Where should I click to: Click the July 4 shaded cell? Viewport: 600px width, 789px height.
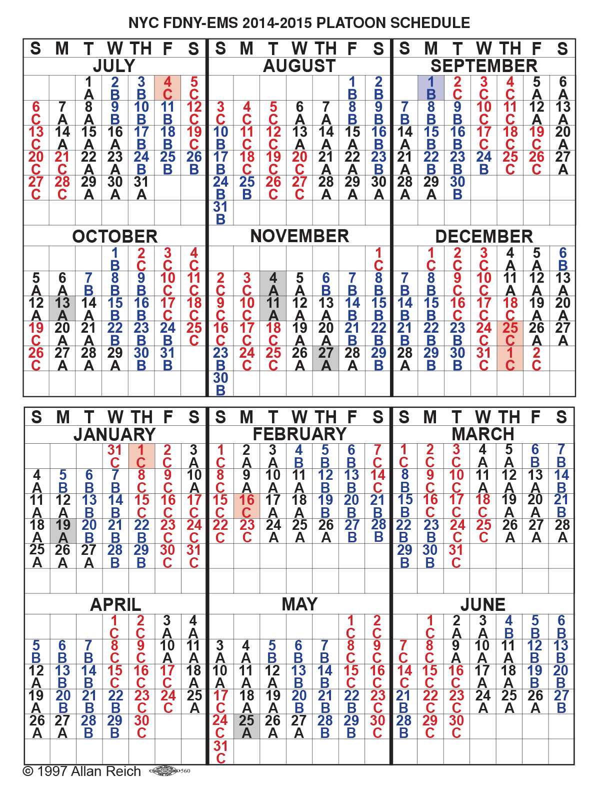pyautogui.click(x=167, y=88)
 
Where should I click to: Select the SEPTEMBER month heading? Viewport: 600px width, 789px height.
pyautogui.click(x=483, y=66)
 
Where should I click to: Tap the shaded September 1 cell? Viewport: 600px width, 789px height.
pyautogui.click(x=431, y=88)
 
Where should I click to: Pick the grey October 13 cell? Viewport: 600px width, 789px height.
pyautogui.click(x=62, y=308)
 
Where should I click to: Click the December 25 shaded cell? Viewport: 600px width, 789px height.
pyautogui.click(x=510, y=333)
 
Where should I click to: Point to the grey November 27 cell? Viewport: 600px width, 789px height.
pyautogui.click(x=325, y=358)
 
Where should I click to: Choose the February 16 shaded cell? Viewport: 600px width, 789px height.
pyautogui.click(x=246, y=506)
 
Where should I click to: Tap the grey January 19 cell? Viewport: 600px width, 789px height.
pyautogui.click(x=63, y=531)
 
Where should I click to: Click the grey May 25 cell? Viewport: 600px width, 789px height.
pyautogui.click(x=246, y=726)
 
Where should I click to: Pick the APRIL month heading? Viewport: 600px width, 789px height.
pyautogui.click(x=115, y=604)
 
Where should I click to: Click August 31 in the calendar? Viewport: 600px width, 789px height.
pyautogui.click(x=220, y=213)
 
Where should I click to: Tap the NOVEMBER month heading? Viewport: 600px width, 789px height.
pyautogui.click(x=299, y=236)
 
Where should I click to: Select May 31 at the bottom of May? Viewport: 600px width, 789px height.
pyautogui.click(x=220, y=751)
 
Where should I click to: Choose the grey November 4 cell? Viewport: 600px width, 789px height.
pyautogui.click(x=273, y=283)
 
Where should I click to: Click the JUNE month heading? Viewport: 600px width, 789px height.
pyautogui.click(x=482, y=604)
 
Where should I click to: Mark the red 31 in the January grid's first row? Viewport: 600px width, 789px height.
pyautogui.click(x=115, y=456)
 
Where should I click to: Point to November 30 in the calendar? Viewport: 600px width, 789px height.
pyautogui.click(x=220, y=384)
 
